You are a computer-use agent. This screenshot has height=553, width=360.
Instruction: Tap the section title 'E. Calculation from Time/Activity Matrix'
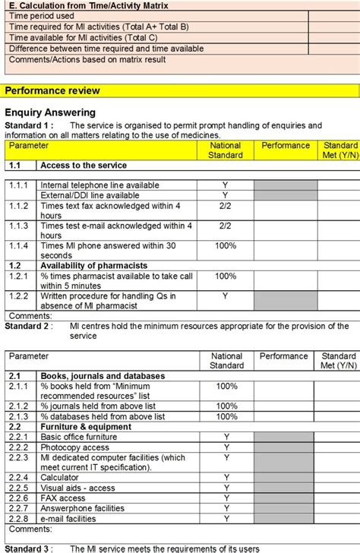[88, 5]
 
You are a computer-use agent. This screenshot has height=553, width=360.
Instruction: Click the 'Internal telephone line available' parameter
[99, 185]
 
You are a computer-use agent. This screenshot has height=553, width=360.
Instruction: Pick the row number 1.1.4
[19, 245]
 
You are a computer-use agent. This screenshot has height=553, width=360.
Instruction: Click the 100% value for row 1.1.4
[226, 245]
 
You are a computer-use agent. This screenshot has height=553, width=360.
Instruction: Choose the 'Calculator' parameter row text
[61, 478]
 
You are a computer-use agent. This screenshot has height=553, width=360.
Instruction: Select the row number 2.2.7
[19, 509]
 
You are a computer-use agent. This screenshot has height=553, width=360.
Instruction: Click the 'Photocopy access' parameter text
[74, 447]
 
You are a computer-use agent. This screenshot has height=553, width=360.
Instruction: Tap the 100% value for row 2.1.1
[226, 386]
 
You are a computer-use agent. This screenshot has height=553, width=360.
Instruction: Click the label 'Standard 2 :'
[29, 326]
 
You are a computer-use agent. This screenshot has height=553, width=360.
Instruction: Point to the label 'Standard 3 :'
[29, 548]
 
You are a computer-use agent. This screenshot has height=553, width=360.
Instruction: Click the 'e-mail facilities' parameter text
[68, 519]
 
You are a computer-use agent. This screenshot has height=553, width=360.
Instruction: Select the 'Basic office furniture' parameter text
[84, 437]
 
